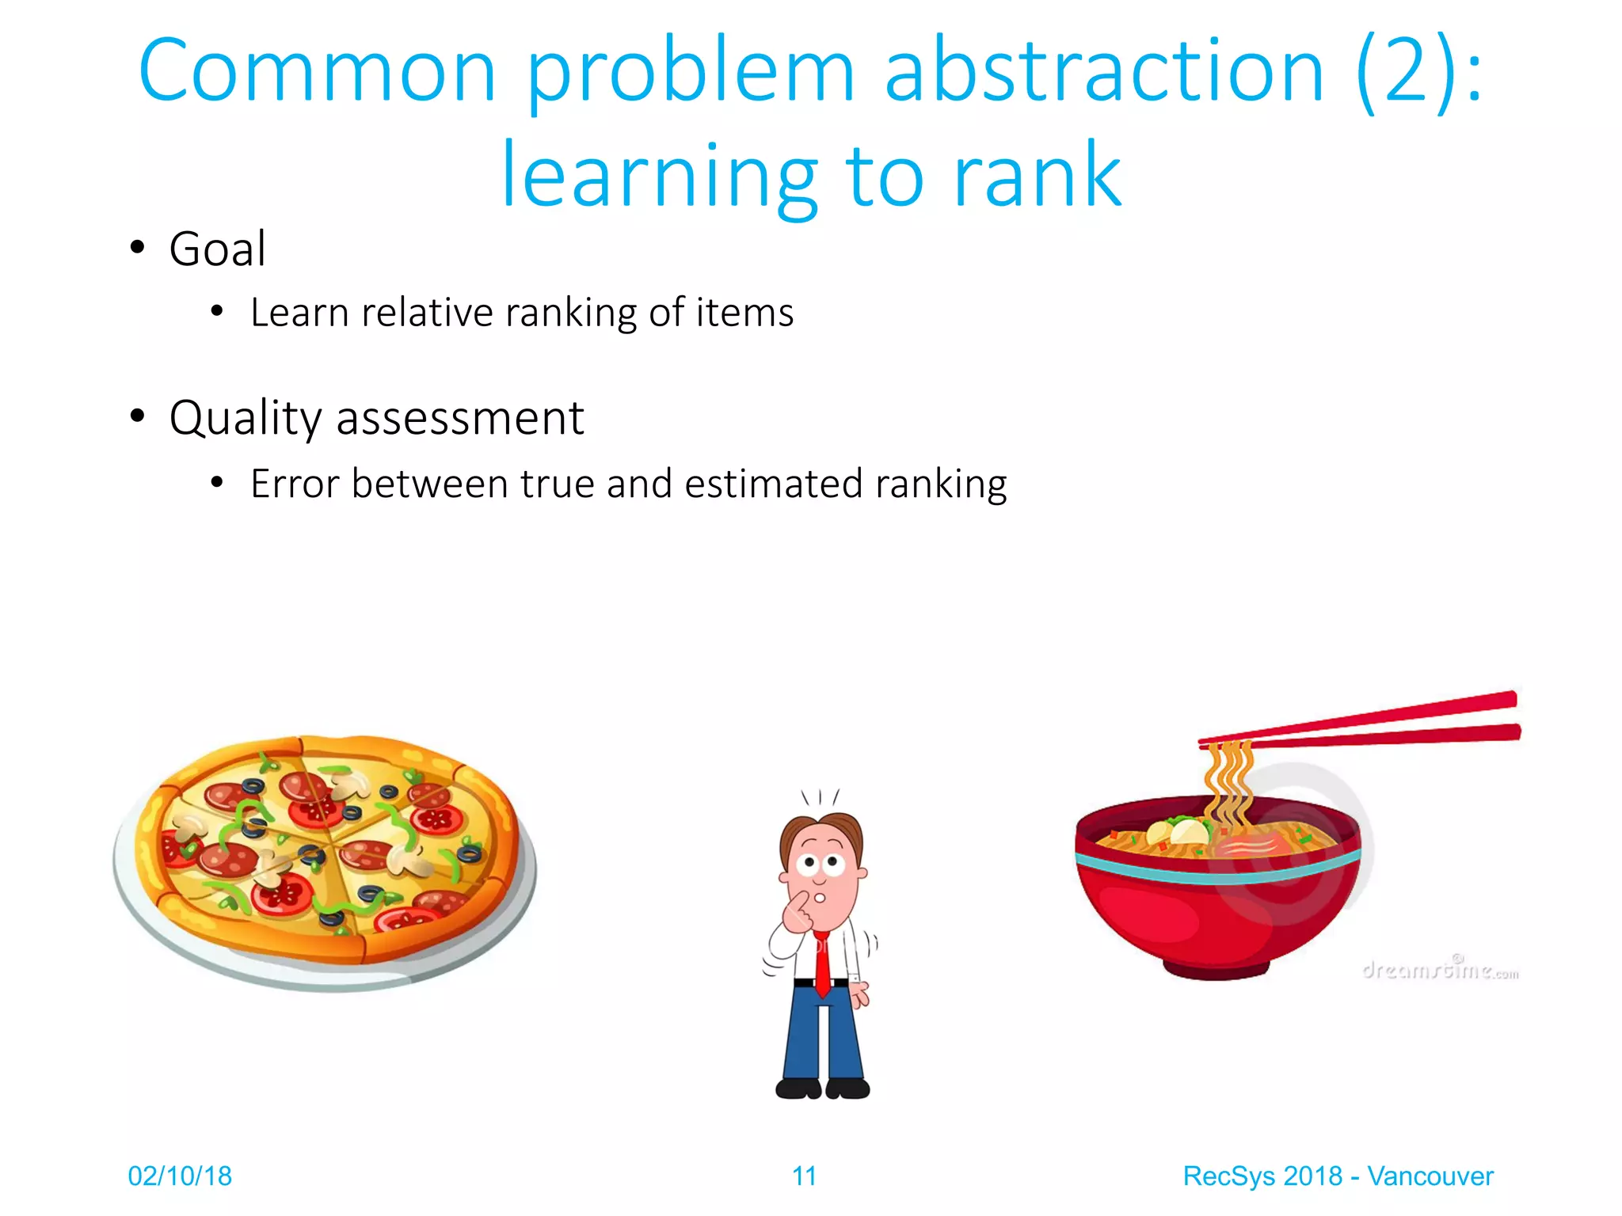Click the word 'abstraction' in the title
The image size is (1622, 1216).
click(x=1104, y=71)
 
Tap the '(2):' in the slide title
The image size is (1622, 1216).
click(x=1418, y=71)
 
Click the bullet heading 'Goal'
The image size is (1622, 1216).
click(x=217, y=249)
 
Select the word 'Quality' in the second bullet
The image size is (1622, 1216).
click(x=246, y=418)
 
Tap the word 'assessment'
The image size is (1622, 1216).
click(x=460, y=418)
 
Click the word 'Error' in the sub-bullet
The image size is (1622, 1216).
click(x=295, y=484)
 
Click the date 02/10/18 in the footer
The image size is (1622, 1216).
click(x=180, y=1176)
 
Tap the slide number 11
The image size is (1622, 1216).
click(x=804, y=1176)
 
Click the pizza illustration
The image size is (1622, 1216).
click(x=325, y=859)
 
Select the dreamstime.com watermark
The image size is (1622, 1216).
click(x=1440, y=969)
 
